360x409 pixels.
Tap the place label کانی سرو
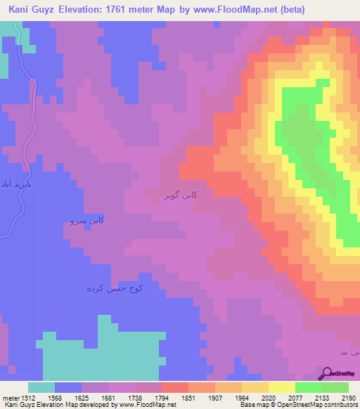coord(88,221)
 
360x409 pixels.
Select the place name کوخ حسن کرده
coord(115,288)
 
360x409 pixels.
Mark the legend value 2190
coord(349,397)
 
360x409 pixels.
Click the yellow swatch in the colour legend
coord(281,387)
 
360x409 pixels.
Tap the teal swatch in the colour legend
coord(41,387)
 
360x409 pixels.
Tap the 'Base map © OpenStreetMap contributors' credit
coord(297,405)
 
